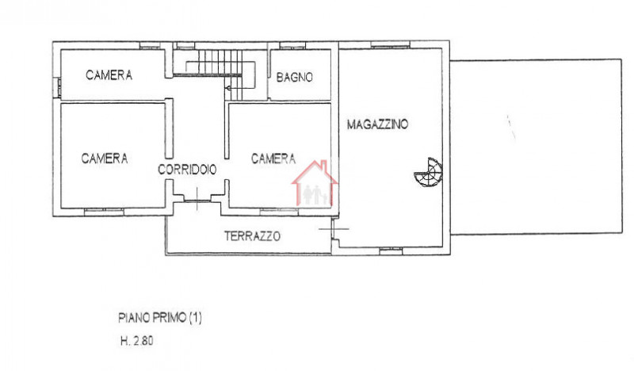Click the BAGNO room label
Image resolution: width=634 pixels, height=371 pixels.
[295, 77]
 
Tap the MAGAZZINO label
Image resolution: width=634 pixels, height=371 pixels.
[377, 124]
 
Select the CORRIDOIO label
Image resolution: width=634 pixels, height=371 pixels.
[188, 170]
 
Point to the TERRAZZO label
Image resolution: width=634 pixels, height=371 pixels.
[252, 235]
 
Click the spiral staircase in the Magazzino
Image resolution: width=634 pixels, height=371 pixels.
[429, 171]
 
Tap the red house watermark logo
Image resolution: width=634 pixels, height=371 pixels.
[315, 184]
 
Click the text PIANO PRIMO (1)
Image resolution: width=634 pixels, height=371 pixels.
[161, 319]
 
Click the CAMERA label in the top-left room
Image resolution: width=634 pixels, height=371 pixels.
[109, 75]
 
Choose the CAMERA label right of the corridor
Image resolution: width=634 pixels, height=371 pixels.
[273, 159]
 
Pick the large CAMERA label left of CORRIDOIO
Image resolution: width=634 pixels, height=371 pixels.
[105, 159]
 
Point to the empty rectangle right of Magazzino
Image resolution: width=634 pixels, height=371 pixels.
[535, 147]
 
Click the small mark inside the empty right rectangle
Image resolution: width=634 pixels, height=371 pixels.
[510, 127]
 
